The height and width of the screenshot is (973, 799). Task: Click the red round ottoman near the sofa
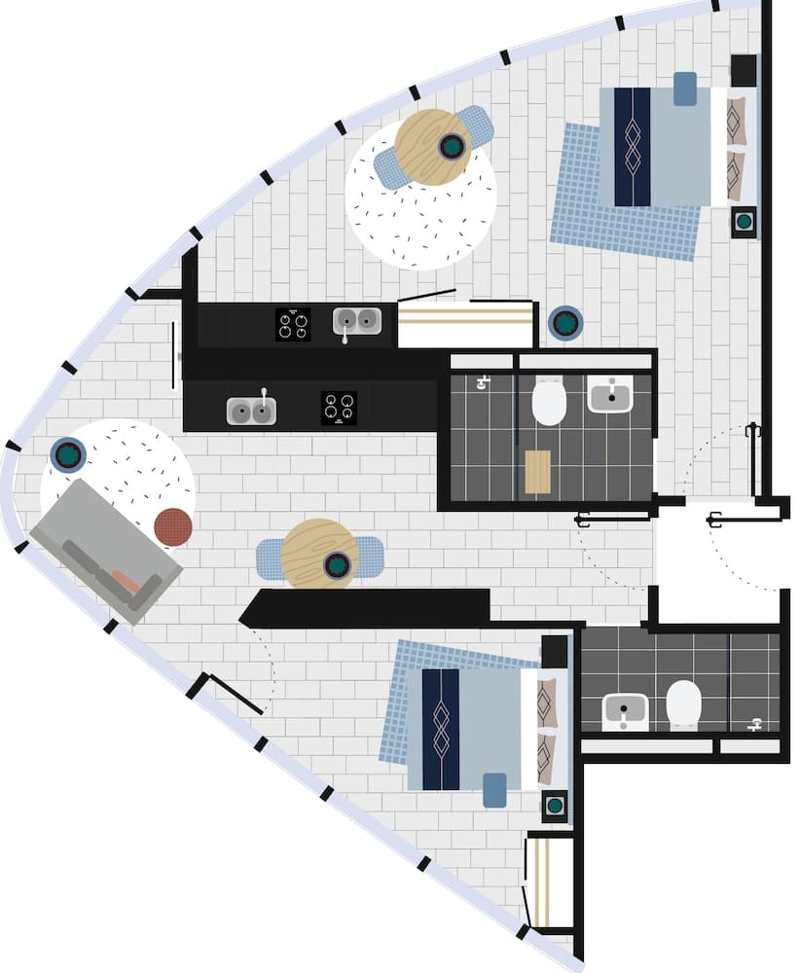click(173, 526)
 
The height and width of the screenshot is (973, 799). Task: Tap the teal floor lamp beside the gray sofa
click(68, 454)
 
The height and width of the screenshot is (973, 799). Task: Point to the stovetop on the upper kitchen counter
click(293, 324)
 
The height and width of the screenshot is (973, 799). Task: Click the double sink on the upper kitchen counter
click(357, 321)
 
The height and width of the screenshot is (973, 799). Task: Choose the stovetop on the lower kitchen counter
click(339, 407)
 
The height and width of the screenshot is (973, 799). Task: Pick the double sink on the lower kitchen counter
click(251, 411)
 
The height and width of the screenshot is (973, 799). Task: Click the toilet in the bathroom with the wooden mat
click(549, 401)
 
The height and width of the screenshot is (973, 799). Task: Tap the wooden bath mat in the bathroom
click(537, 472)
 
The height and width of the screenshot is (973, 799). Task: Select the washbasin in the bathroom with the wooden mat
click(610, 394)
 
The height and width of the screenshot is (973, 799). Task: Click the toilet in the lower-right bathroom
click(684, 703)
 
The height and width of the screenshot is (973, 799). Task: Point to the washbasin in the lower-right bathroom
click(626, 709)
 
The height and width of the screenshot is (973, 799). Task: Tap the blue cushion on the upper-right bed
click(685, 89)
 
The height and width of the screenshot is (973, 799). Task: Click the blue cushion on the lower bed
click(494, 789)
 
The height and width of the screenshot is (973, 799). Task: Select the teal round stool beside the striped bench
click(565, 322)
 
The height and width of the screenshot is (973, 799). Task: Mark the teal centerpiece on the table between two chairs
click(337, 564)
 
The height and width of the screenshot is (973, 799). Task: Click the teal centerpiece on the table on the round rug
click(452, 146)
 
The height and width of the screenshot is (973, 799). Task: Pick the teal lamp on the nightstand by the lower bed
click(555, 805)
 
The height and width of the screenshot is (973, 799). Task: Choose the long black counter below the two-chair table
click(365, 608)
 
